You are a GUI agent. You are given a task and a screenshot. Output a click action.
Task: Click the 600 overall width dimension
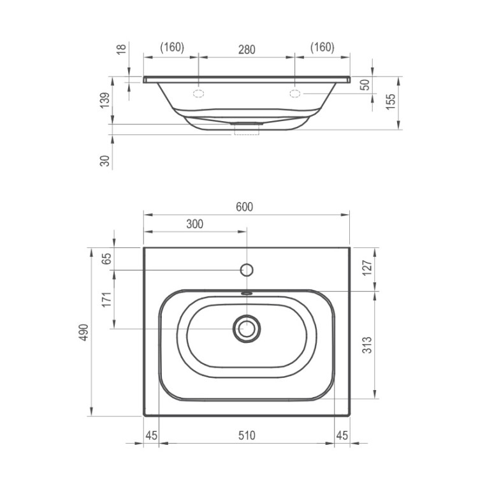coord(245,207)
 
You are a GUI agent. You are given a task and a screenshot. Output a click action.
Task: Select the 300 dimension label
coord(195,224)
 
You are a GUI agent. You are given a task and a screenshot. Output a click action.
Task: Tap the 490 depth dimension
coord(84,332)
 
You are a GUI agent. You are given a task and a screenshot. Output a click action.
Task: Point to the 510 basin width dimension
coord(247,435)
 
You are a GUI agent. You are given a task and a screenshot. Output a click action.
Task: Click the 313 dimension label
coord(367,345)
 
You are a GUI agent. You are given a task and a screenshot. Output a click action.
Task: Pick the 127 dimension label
coord(367,267)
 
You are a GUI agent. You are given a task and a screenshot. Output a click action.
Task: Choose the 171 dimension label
coord(106,300)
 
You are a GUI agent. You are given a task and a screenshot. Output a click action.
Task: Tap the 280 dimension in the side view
coord(247,49)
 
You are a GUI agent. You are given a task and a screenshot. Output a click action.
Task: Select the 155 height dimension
coord(391,101)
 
